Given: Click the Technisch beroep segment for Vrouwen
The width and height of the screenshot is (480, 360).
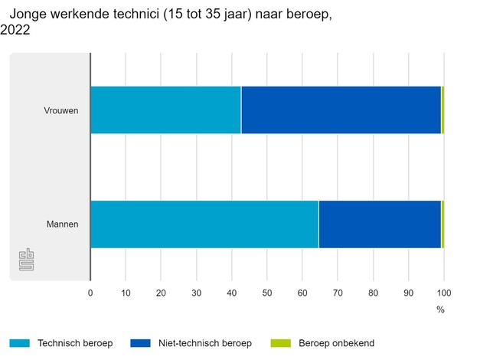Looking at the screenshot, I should [x=165, y=110].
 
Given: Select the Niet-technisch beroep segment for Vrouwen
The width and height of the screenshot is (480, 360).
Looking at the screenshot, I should [x=341, y=110].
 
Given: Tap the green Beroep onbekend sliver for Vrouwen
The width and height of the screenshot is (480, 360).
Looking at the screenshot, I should [x=442, y=110].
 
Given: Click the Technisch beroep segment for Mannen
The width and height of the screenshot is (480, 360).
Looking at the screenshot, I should [x=204, y=224].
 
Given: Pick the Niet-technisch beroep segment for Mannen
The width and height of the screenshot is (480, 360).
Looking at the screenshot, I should [x=380, y=224].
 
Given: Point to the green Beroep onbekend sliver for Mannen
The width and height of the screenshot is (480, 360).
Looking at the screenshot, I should [x=442, y=224].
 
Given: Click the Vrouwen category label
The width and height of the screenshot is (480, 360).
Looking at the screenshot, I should [x=61, y=110].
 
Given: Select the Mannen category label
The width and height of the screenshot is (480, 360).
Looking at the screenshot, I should [x=63, y=224].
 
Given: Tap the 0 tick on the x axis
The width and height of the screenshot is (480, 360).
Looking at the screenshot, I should [x=90, y=292].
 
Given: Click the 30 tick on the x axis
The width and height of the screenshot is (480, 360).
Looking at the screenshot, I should [x=196, y=292].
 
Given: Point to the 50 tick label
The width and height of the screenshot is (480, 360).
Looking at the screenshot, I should [x=267, y=292].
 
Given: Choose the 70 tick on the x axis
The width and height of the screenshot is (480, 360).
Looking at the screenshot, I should [x=338, y=292].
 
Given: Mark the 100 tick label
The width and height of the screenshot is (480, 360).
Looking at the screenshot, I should [x=443, y=292].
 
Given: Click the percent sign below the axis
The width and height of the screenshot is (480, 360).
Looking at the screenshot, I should [x=440, y=309].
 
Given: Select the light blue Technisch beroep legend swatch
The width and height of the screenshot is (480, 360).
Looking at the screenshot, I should [x=18, y=343].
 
